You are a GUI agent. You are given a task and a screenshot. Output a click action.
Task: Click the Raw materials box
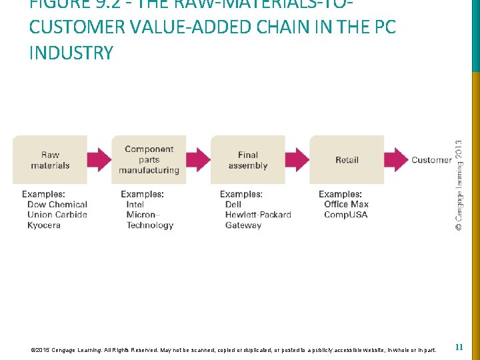50,160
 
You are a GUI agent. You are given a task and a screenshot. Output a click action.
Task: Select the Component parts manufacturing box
149,160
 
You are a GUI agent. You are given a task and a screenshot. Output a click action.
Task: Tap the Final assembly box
247,160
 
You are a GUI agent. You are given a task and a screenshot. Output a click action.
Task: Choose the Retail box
347,160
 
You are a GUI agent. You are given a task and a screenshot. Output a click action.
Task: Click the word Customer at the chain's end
431,160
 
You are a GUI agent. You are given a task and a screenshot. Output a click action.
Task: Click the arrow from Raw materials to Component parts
99,160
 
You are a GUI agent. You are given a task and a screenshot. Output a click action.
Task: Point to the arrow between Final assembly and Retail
297,160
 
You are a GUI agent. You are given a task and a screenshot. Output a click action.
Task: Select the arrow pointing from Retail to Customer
396,160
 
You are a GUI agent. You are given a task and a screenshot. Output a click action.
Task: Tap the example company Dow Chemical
57,205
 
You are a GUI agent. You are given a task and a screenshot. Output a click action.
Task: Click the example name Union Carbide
57,215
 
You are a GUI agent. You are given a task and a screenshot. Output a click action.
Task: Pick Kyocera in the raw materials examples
44,225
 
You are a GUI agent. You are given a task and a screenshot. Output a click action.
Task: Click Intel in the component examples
135,205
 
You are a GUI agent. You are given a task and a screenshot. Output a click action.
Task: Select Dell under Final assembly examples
233,205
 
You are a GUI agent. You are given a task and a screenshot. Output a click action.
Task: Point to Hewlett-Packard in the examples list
258,215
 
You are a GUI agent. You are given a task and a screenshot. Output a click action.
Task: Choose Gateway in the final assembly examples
243,225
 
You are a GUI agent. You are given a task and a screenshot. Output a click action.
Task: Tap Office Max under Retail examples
346,205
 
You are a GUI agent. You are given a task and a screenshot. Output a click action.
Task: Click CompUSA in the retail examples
345,215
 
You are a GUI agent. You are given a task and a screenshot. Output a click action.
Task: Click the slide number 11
459,347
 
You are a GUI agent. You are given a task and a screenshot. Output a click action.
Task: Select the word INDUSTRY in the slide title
71,53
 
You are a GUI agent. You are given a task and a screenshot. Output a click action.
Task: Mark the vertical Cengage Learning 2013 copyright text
459,185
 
